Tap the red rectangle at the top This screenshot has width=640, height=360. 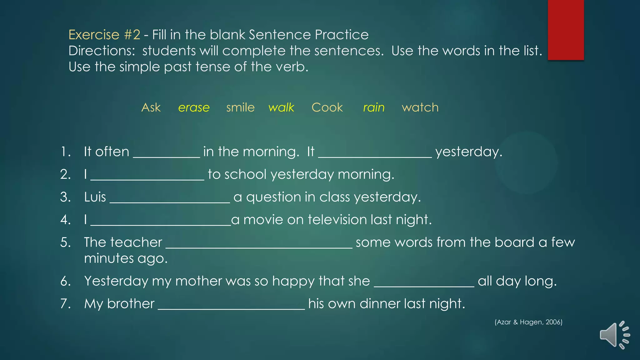(x=566, y=30)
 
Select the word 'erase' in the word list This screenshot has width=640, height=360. (x=194, y=107)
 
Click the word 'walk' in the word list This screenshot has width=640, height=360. (x=281, y=107)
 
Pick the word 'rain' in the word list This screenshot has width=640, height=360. (x=374, y=107)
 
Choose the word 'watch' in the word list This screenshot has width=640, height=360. (x=420, y=107)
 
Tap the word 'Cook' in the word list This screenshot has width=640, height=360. (x=327, y=107)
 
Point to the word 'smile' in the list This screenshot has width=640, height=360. (x=240, y=107)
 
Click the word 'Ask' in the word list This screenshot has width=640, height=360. (x=151, y=107)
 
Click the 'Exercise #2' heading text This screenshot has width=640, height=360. (x=104, y=35)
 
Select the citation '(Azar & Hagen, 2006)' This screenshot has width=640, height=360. (x=528, y=322)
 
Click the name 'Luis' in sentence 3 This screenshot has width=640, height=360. (x=95, y=197)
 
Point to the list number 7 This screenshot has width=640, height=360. (x=65, y=304)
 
